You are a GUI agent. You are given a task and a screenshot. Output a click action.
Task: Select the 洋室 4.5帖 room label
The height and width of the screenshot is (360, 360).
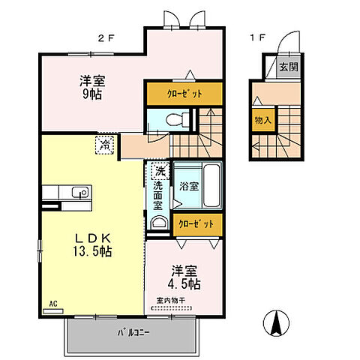[184, 277]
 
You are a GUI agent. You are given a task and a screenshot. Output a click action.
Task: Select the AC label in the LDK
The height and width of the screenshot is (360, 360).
[52, 304]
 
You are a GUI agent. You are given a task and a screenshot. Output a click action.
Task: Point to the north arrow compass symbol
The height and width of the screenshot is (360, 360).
[274, 323]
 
